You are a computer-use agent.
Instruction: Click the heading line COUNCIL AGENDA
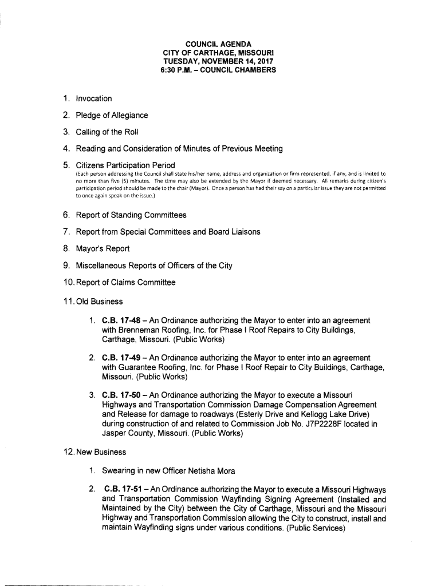coord(220,43)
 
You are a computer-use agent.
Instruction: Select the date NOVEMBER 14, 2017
coord(238,61)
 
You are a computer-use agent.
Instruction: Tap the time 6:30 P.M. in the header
coord(178,70)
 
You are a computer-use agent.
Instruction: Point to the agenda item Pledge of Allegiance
coord(108,115)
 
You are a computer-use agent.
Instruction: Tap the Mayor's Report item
coord(99,248)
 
